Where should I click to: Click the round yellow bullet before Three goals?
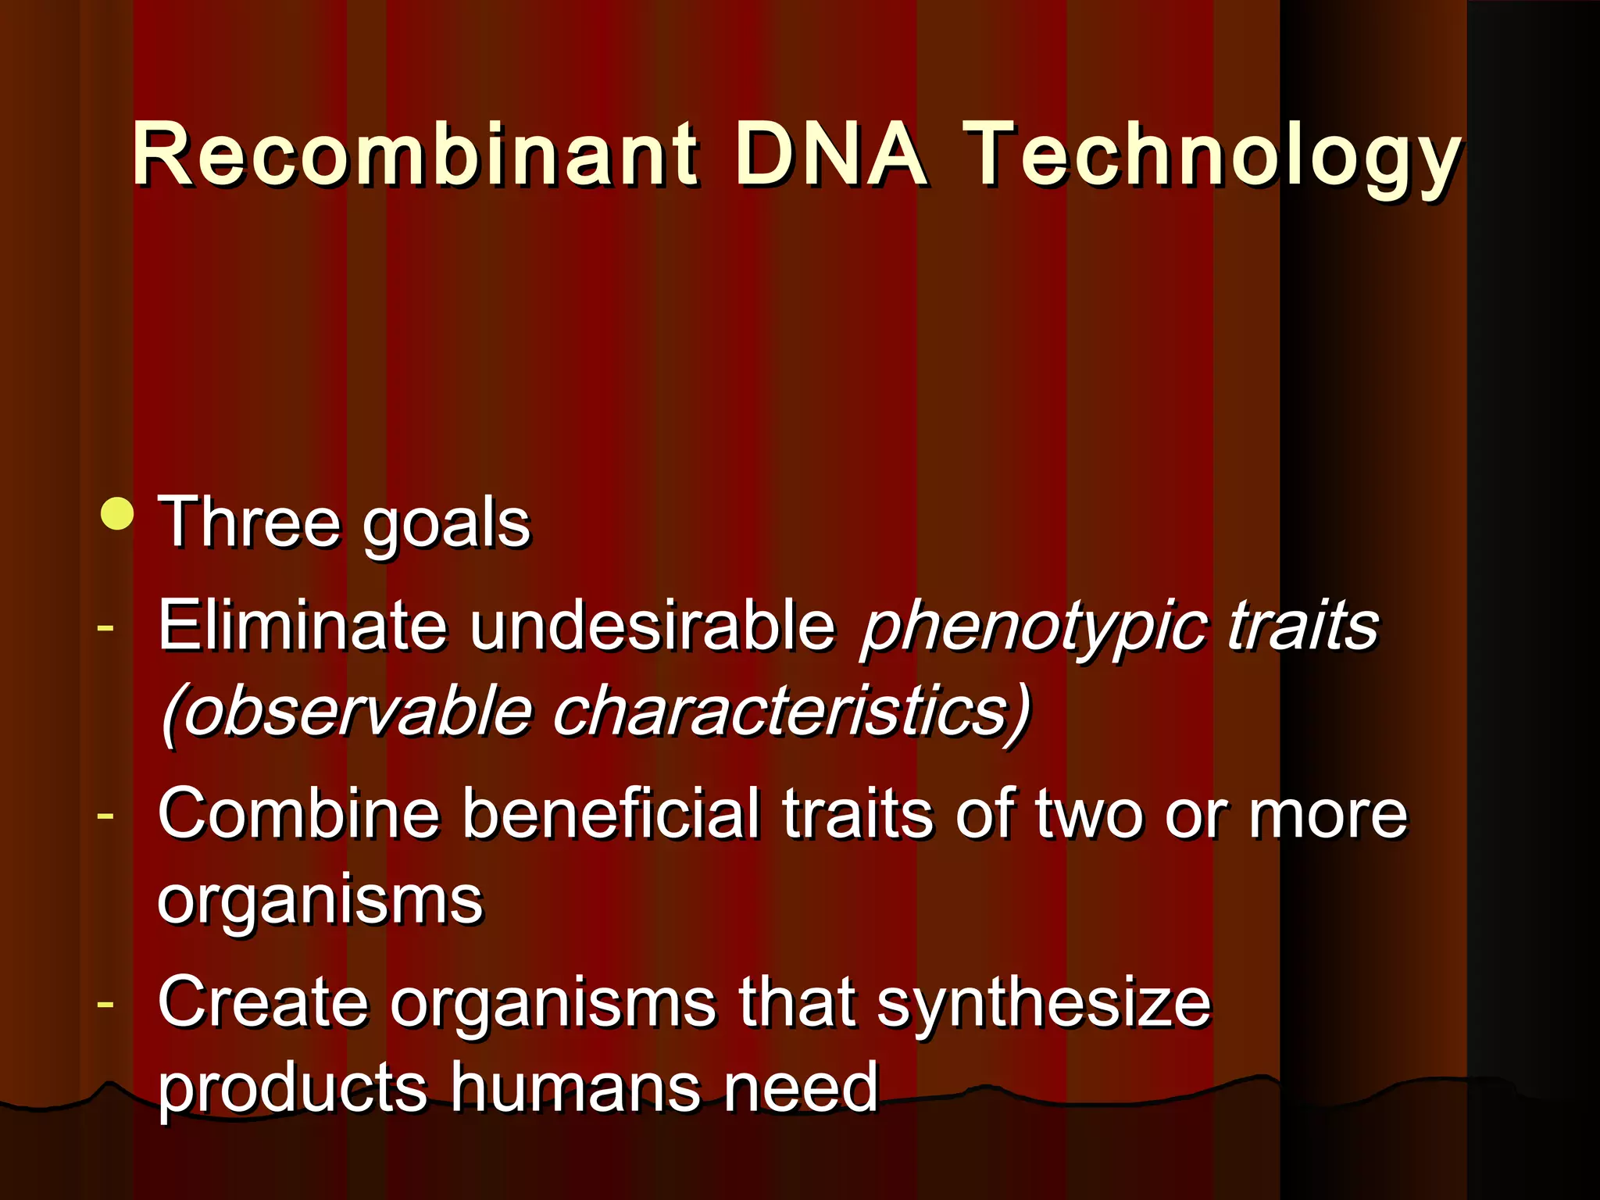pyautogui.click(x=117, y=514)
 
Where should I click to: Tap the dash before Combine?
pyautogui.click(x=105, y=815)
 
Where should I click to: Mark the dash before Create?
pyautogui.click(x=105, y=1003)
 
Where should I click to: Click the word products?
pyautogui.click(x=292, y=1090)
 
